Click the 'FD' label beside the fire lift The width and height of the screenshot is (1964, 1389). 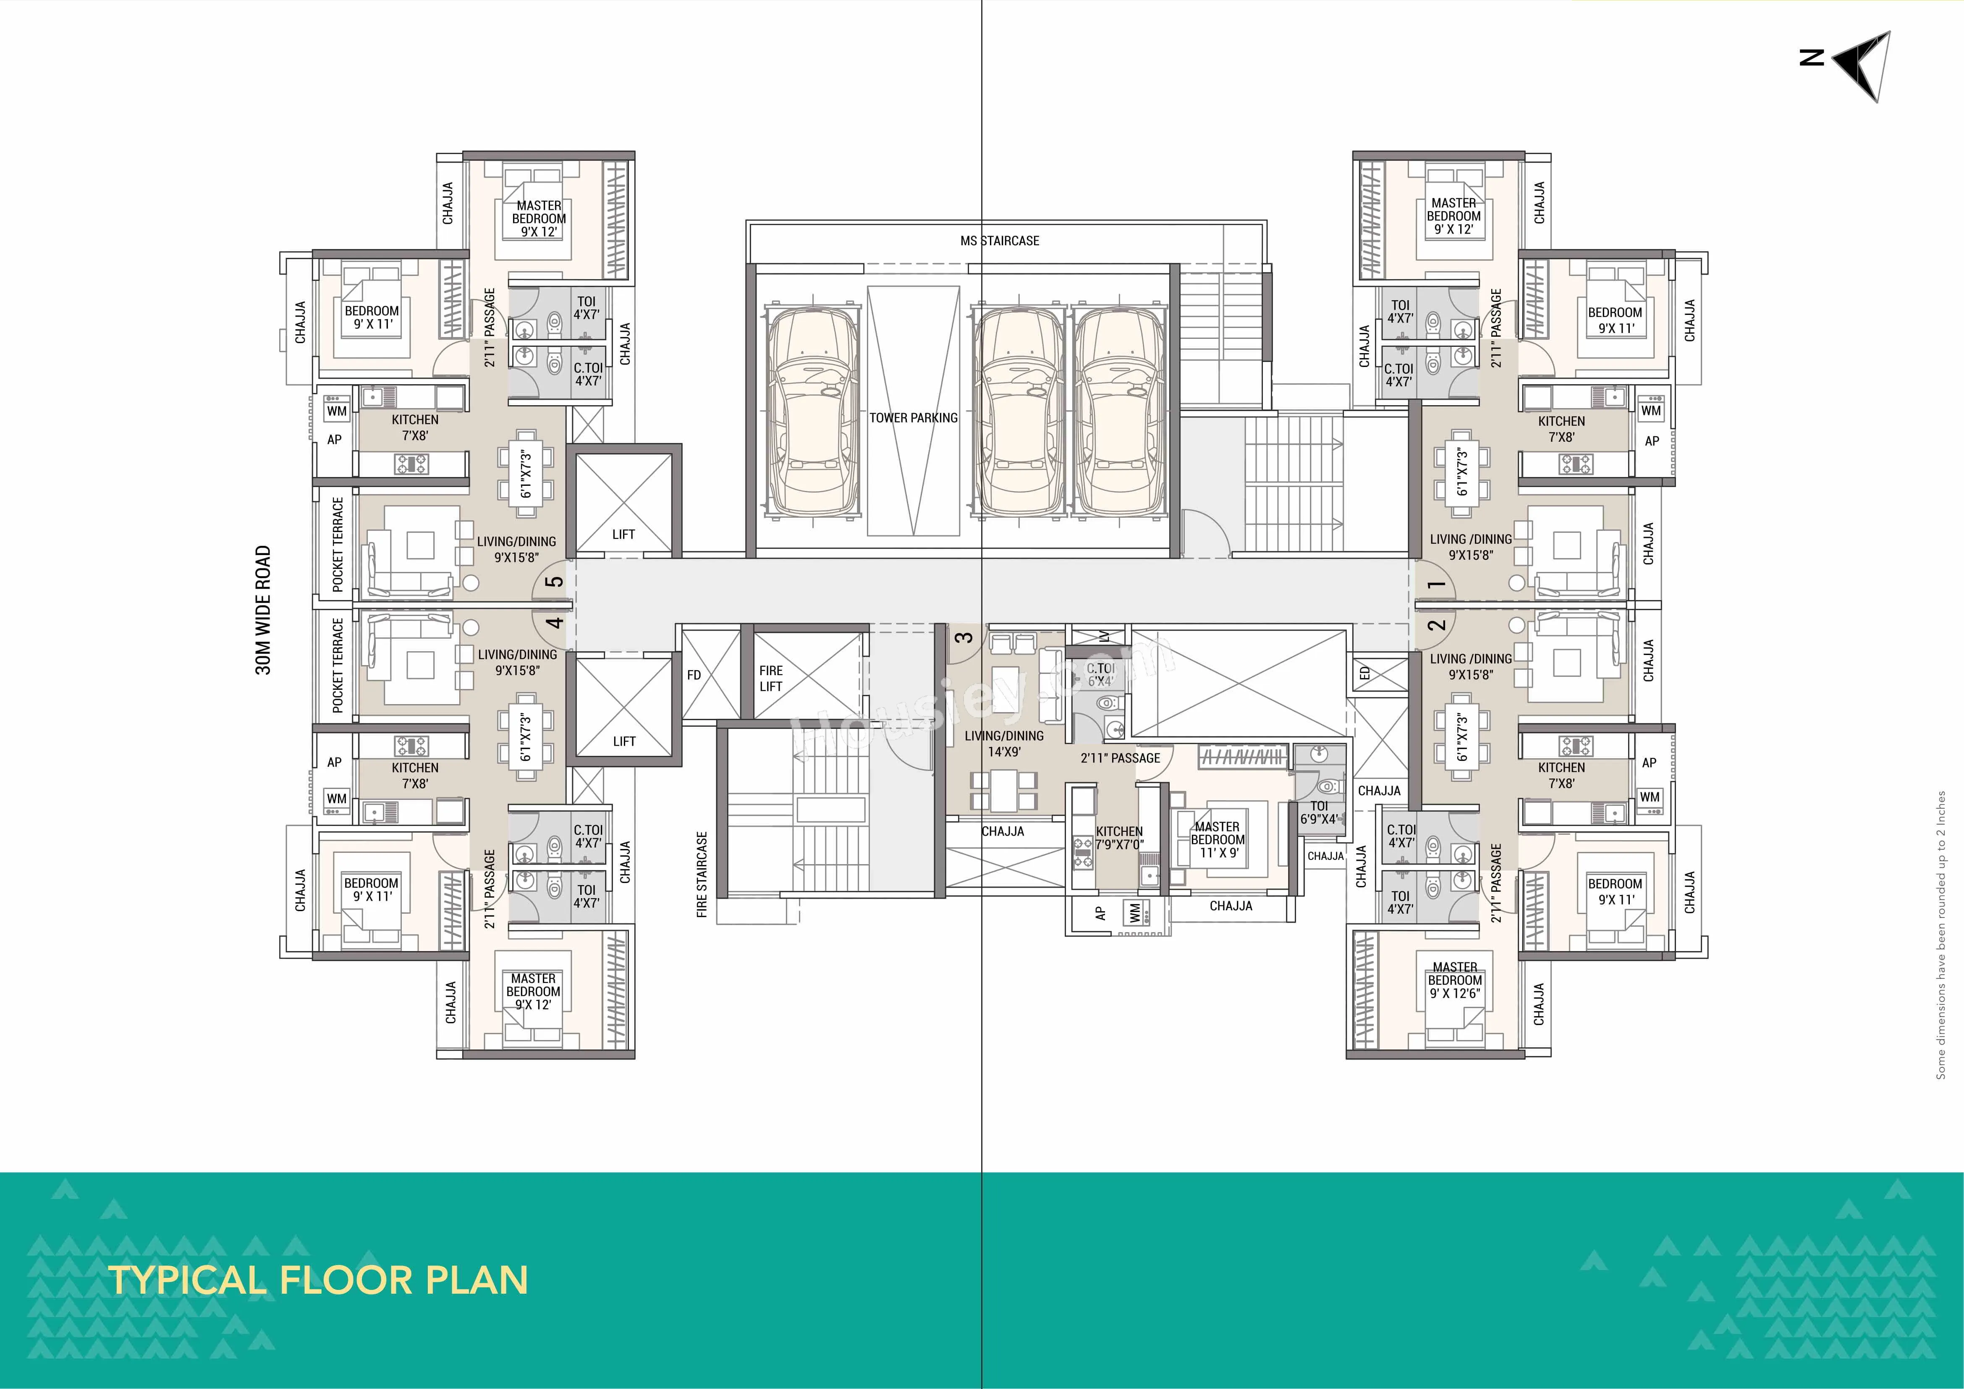pos(694,675)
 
